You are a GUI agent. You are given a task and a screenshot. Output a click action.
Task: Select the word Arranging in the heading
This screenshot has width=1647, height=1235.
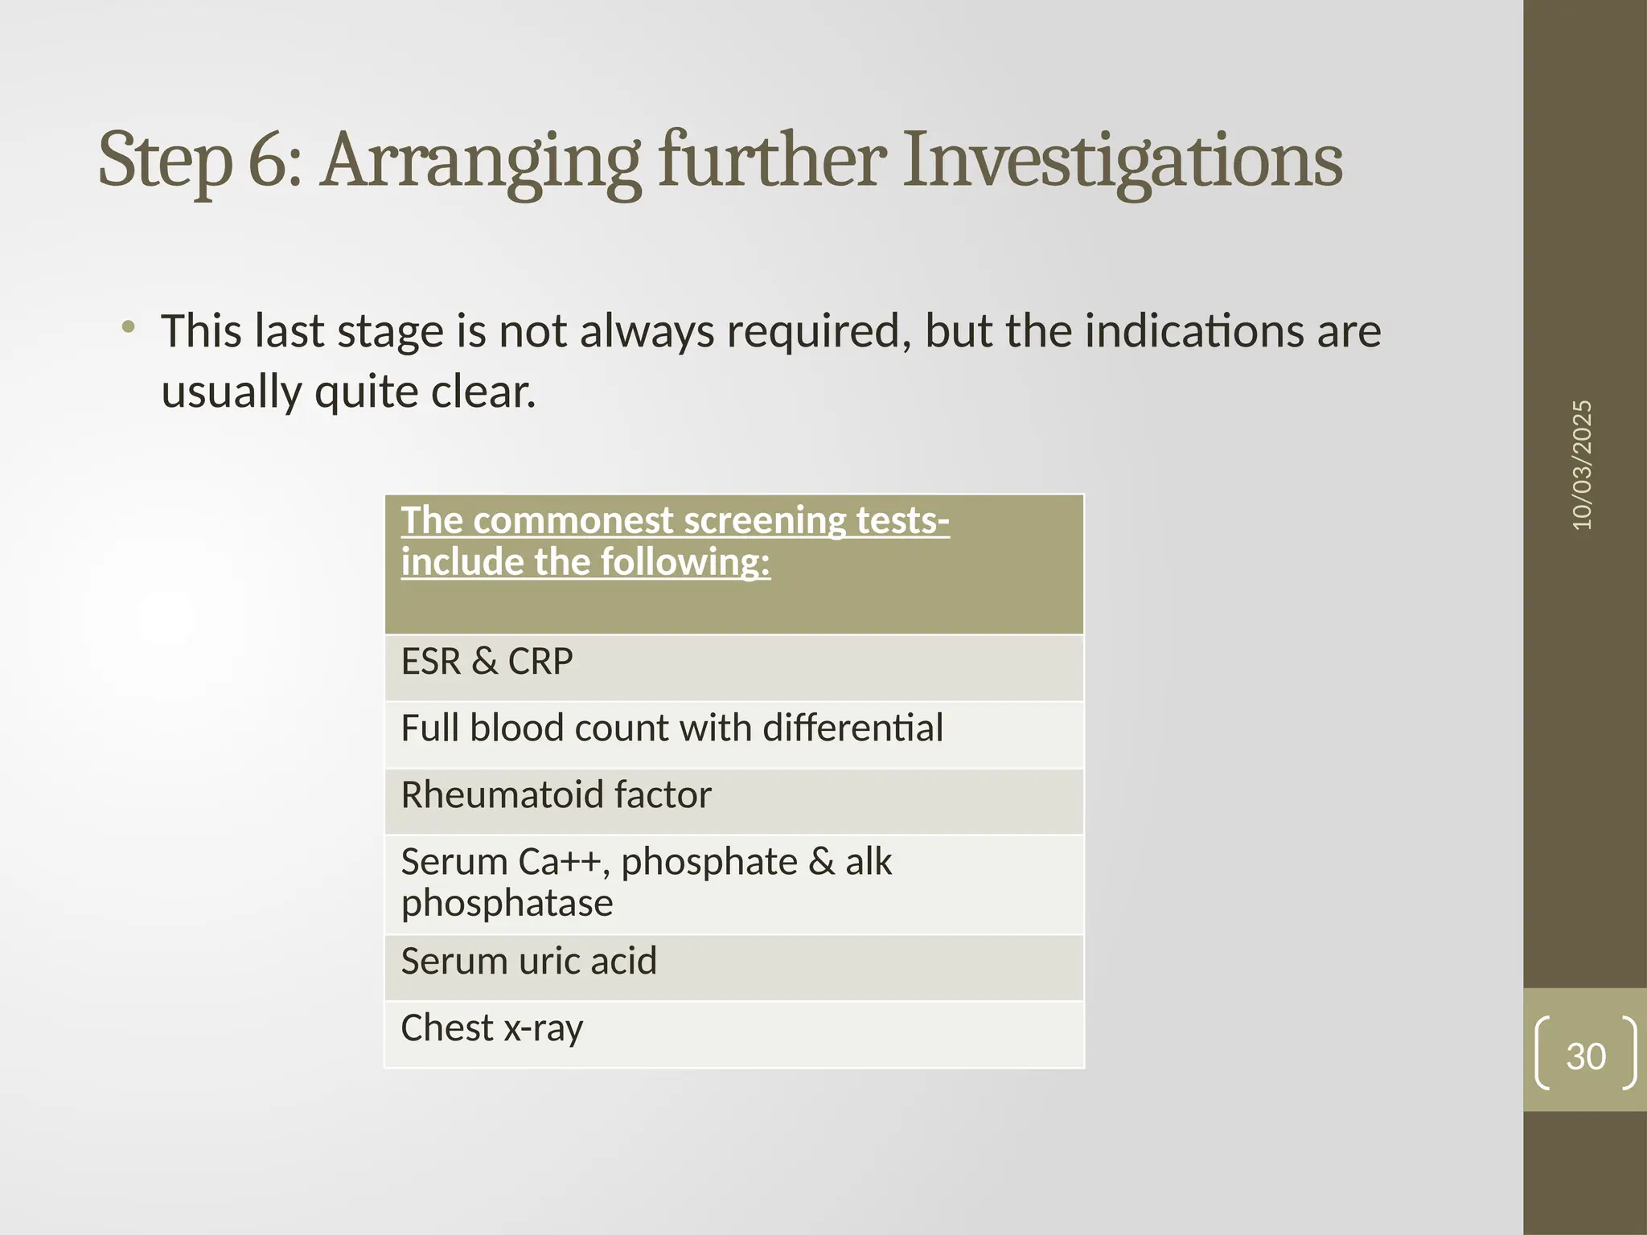480,161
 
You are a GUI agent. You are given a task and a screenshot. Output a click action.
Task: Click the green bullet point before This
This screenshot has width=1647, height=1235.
128,327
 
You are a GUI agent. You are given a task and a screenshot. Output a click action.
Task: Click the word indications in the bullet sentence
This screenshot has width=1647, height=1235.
1194,331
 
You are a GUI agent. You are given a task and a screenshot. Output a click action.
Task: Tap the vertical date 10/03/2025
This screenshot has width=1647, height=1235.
1582,465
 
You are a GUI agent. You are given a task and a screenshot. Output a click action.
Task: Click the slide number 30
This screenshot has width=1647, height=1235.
1586,1056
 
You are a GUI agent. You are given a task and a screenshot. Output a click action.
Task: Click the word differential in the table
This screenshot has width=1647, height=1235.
852,728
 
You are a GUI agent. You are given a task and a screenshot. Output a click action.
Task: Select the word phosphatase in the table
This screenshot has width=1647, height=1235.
507,904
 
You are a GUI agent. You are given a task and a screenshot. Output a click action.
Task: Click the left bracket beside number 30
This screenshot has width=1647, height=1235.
1542,1052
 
